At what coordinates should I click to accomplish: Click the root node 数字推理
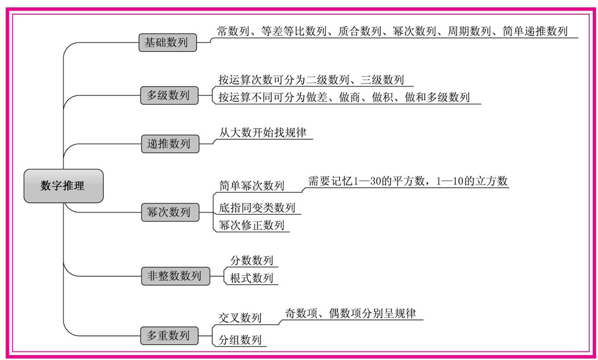[63, 186]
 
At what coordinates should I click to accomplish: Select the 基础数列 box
[167, 42]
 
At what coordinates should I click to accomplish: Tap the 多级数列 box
[169, 95]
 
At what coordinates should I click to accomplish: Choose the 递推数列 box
[170, 144]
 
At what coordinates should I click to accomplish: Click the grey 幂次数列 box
[170, 212]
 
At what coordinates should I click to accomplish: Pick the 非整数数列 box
[175, 276]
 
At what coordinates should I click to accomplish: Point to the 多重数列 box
[169, 335]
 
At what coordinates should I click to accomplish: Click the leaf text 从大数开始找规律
[262, 132]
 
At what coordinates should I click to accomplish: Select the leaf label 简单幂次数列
[252, 186]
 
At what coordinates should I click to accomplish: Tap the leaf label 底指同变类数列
[257, 207]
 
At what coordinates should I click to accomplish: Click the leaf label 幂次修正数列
[252, 225]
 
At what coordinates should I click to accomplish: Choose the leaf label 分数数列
[252, 261]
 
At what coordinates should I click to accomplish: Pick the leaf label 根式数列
[252, 278]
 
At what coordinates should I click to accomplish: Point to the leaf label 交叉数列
[240, 318]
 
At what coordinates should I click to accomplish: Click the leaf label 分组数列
[240, 339]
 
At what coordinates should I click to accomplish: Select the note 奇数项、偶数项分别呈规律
[350, 314]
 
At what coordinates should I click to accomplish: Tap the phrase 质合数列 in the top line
[359, 31]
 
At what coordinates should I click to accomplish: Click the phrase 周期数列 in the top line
[469, 31]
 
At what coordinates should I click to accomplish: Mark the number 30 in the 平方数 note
[376, 181]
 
